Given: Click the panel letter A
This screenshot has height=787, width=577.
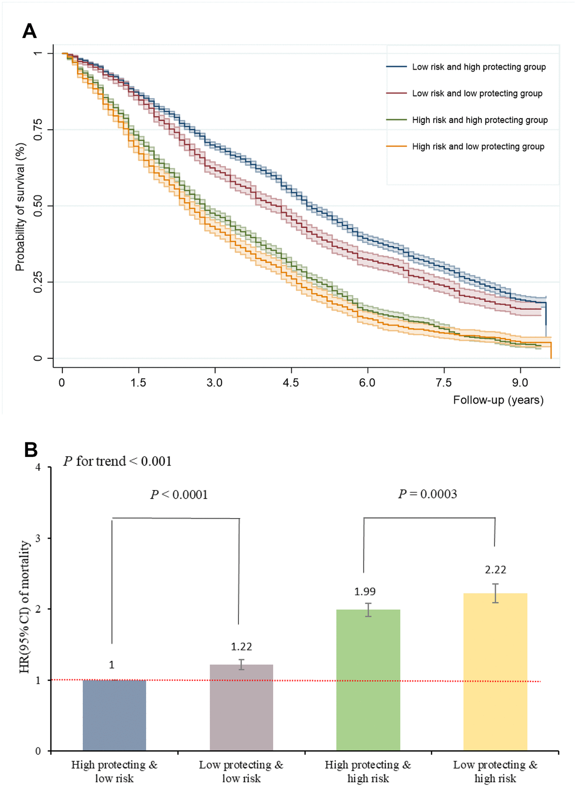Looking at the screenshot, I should (29, 32).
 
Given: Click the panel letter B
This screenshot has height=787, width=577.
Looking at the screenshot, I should (31, 450).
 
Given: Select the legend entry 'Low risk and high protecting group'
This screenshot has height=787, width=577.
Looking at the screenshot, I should (478, 67).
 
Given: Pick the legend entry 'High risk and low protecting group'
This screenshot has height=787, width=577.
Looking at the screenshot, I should (478, 147).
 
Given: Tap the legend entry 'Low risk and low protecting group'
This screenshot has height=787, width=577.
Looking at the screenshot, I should (477, 94).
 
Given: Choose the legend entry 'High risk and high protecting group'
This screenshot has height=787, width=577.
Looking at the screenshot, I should (479, 120).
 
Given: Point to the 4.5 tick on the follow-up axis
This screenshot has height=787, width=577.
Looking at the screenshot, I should (290, 383).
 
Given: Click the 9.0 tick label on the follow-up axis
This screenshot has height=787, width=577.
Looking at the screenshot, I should (520, 383).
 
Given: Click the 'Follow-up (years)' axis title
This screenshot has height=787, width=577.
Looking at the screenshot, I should (498, 400).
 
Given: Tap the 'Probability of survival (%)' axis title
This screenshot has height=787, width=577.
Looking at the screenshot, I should (20, 207).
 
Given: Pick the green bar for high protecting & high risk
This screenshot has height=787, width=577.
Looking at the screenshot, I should (368, 680).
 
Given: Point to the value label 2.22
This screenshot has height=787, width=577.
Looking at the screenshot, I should (495, 570).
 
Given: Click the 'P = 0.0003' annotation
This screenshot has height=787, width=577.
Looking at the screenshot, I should (427, 494).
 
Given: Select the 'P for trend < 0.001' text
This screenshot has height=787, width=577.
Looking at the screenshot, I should (117, 461).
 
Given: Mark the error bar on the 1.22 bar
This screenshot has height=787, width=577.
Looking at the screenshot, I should (241, 664).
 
